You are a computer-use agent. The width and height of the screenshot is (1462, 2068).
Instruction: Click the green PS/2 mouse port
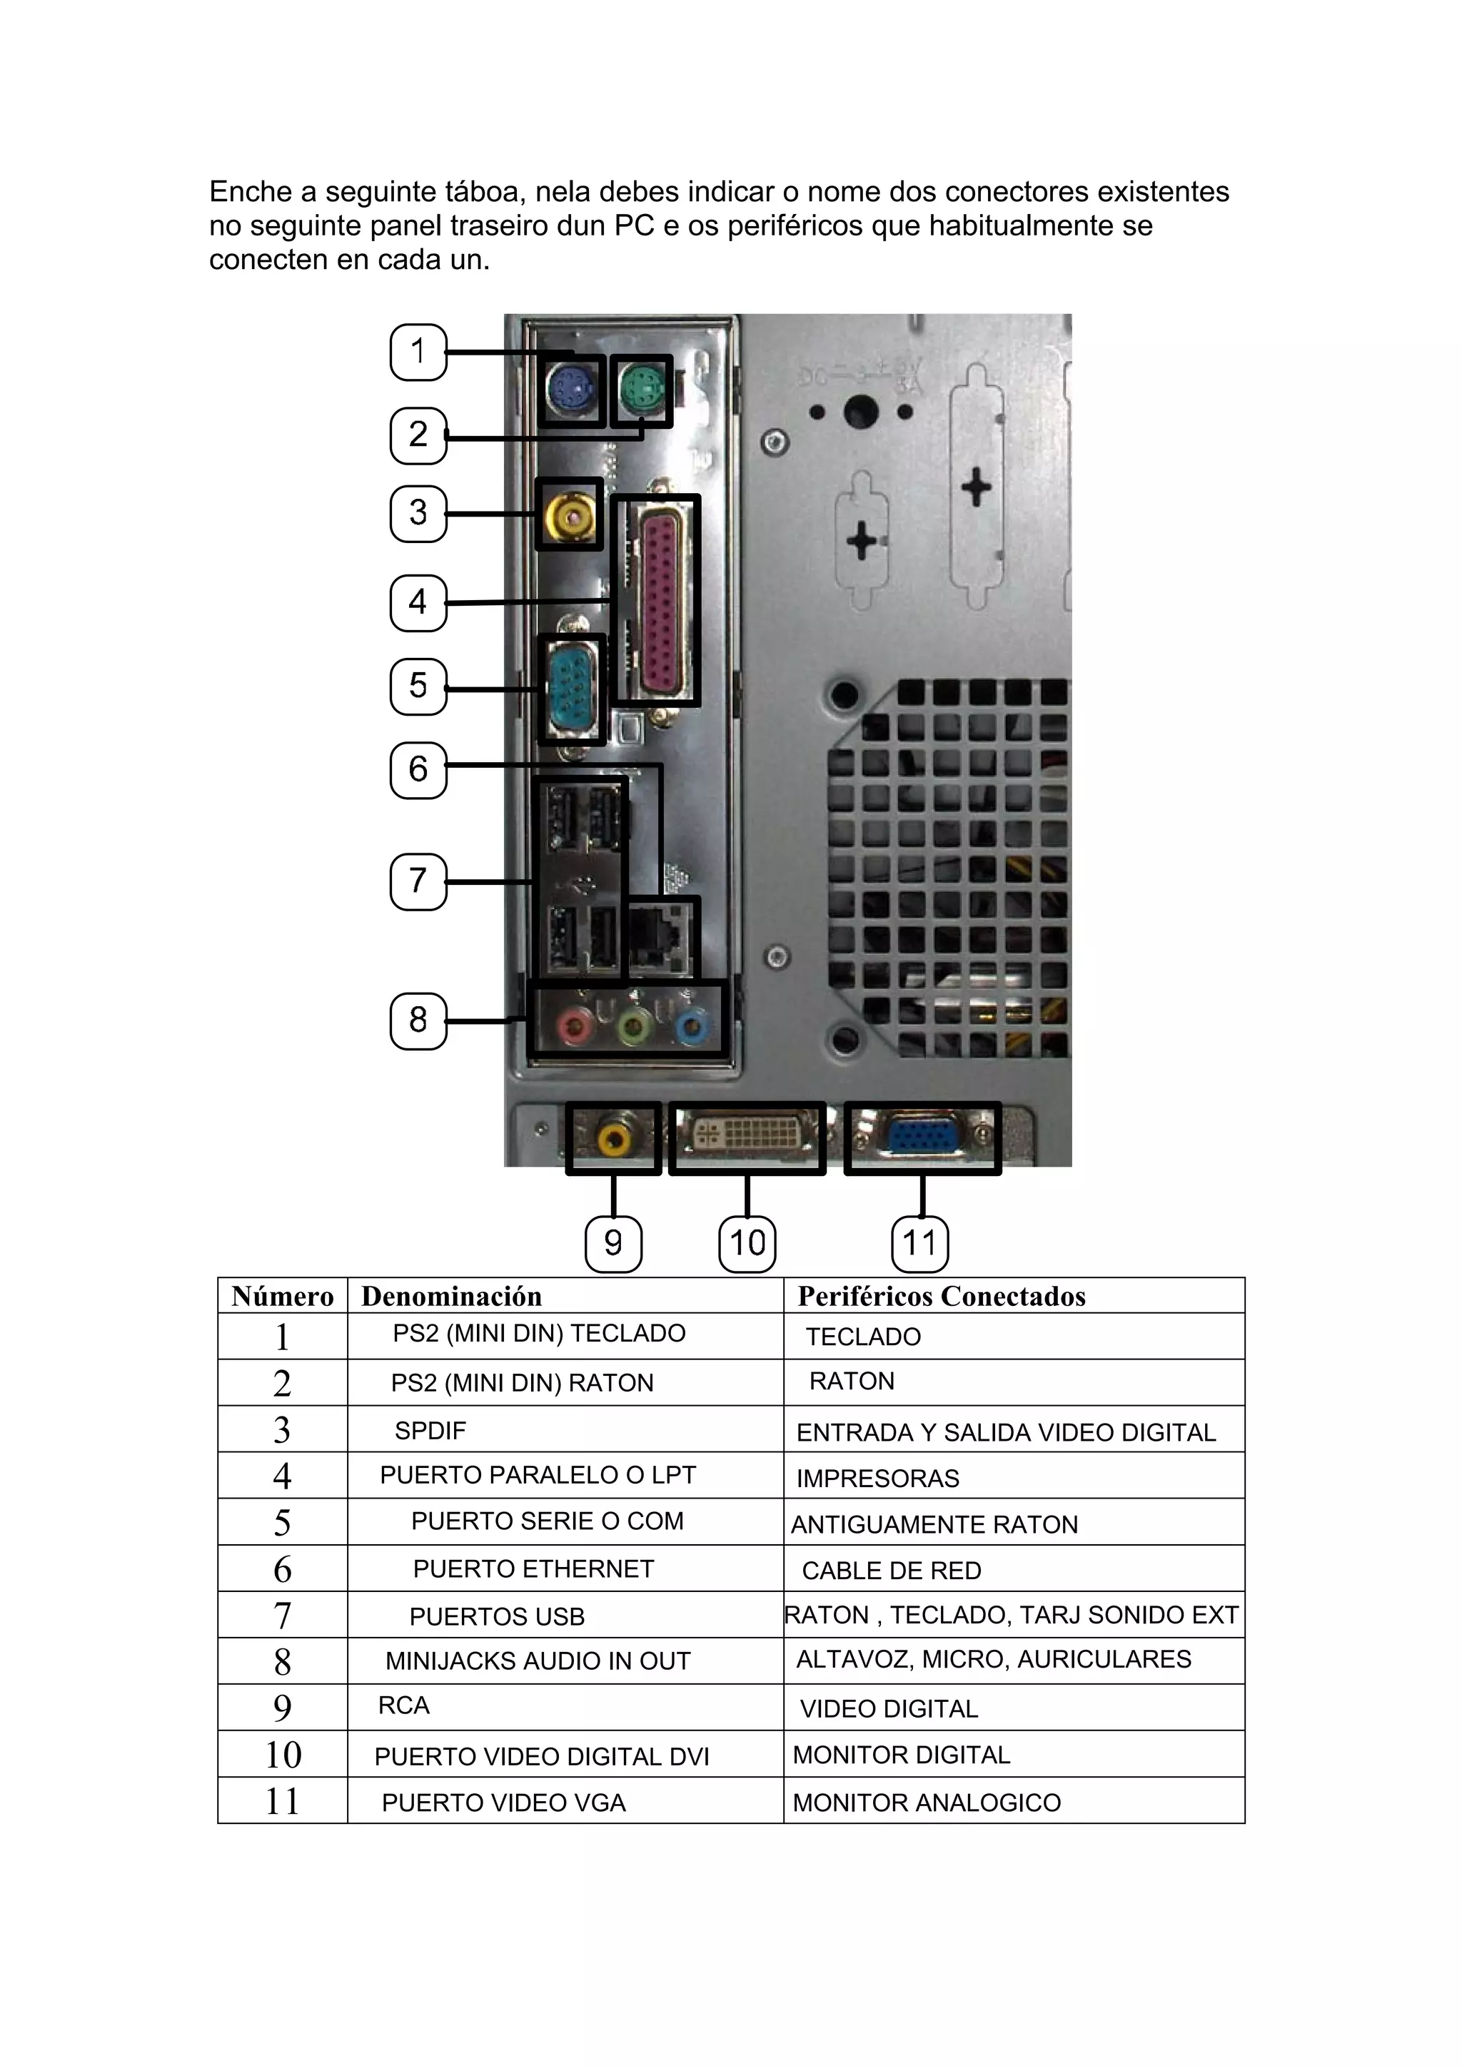[641, 391]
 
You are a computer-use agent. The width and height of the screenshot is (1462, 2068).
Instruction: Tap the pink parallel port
[664, 599]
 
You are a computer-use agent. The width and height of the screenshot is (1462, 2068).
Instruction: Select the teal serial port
[570, 689]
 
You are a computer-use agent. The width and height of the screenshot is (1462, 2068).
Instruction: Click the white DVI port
[747, 1137]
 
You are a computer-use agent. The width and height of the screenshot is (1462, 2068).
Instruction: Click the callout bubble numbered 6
[418, 769]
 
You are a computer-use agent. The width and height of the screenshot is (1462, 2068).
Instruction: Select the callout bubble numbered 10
[747, 1243]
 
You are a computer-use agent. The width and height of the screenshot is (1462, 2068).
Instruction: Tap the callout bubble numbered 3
[418, 512]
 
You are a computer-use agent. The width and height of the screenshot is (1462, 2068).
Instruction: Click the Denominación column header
[451, 1296]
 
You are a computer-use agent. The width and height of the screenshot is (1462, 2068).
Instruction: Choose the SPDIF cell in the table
[430, 1430]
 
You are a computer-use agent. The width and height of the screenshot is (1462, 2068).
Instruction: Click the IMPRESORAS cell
[877, 1478]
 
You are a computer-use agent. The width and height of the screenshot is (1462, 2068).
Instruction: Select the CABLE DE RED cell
[891, 1571]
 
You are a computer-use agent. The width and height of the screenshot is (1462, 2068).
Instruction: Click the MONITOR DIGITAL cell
[901, 1755]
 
